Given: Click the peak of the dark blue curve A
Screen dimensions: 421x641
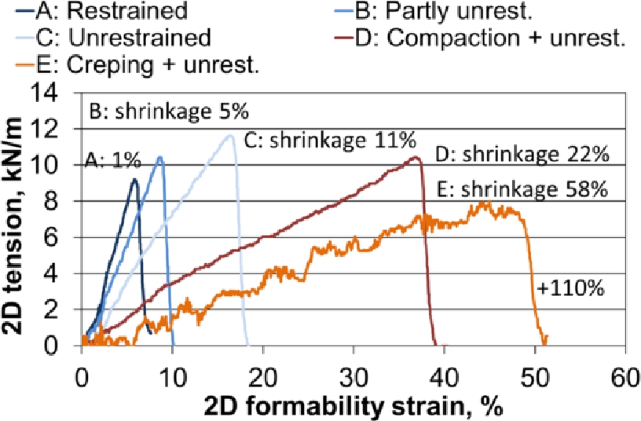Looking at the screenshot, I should coord(134,180).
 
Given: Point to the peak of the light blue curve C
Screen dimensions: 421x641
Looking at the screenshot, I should coord(230,135).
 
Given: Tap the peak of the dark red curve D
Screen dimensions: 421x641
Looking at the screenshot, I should coord(416,157).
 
